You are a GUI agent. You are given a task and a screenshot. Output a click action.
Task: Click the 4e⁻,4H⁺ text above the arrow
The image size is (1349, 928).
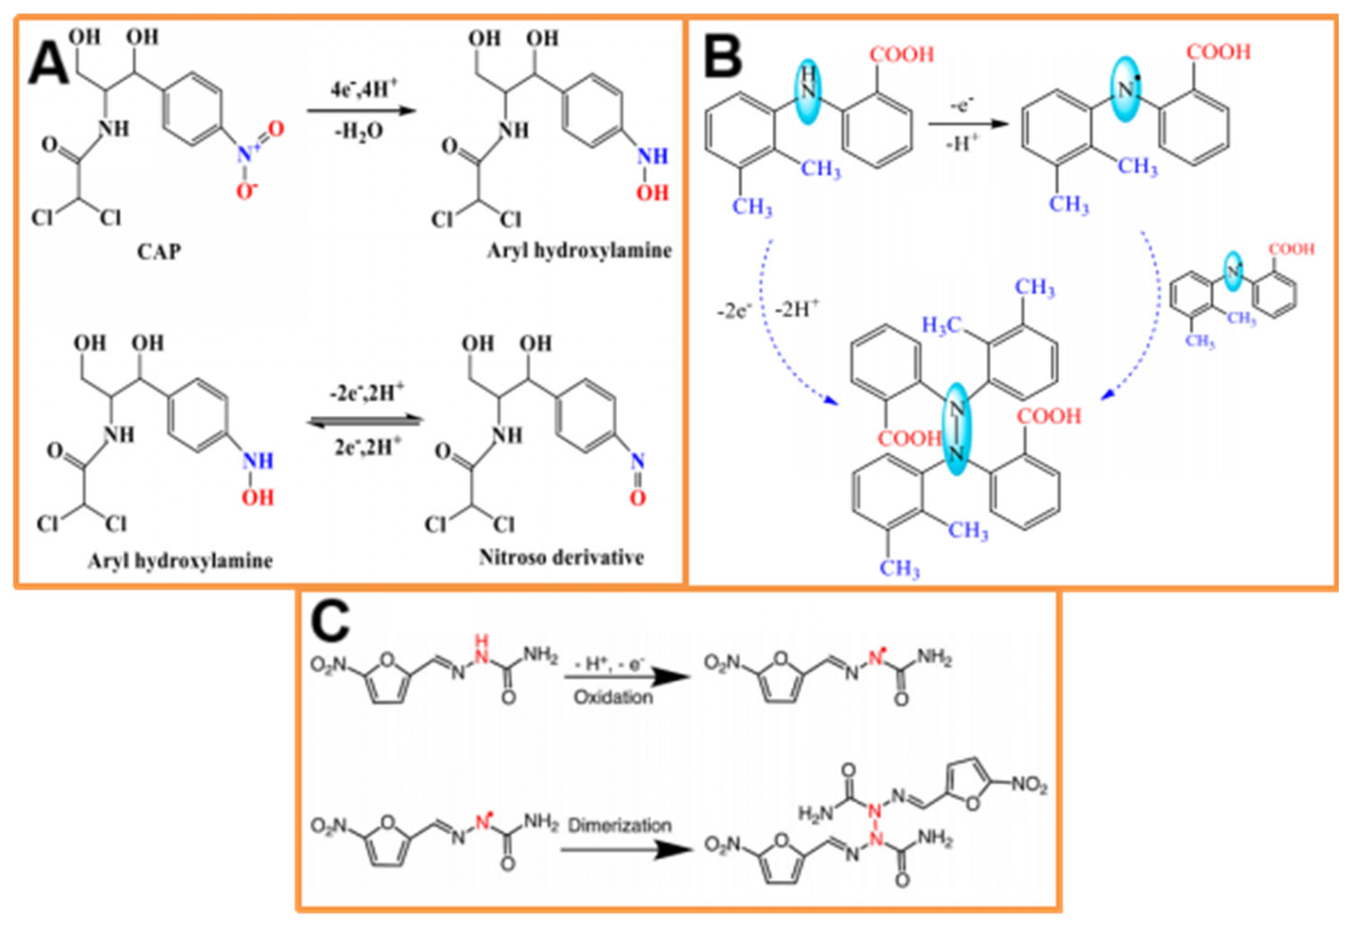364,90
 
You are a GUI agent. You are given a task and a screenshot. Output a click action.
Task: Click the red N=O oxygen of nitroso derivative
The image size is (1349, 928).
637,498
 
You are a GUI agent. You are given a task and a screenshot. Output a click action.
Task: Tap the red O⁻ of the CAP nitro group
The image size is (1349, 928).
247,190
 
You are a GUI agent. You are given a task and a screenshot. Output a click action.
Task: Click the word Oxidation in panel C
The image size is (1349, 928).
613,697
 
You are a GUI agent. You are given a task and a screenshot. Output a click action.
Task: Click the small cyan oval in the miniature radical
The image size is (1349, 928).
1232,271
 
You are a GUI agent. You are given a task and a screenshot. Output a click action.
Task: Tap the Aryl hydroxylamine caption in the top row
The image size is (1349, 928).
579,251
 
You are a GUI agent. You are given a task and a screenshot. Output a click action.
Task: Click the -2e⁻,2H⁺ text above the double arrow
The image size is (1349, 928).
365,394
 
